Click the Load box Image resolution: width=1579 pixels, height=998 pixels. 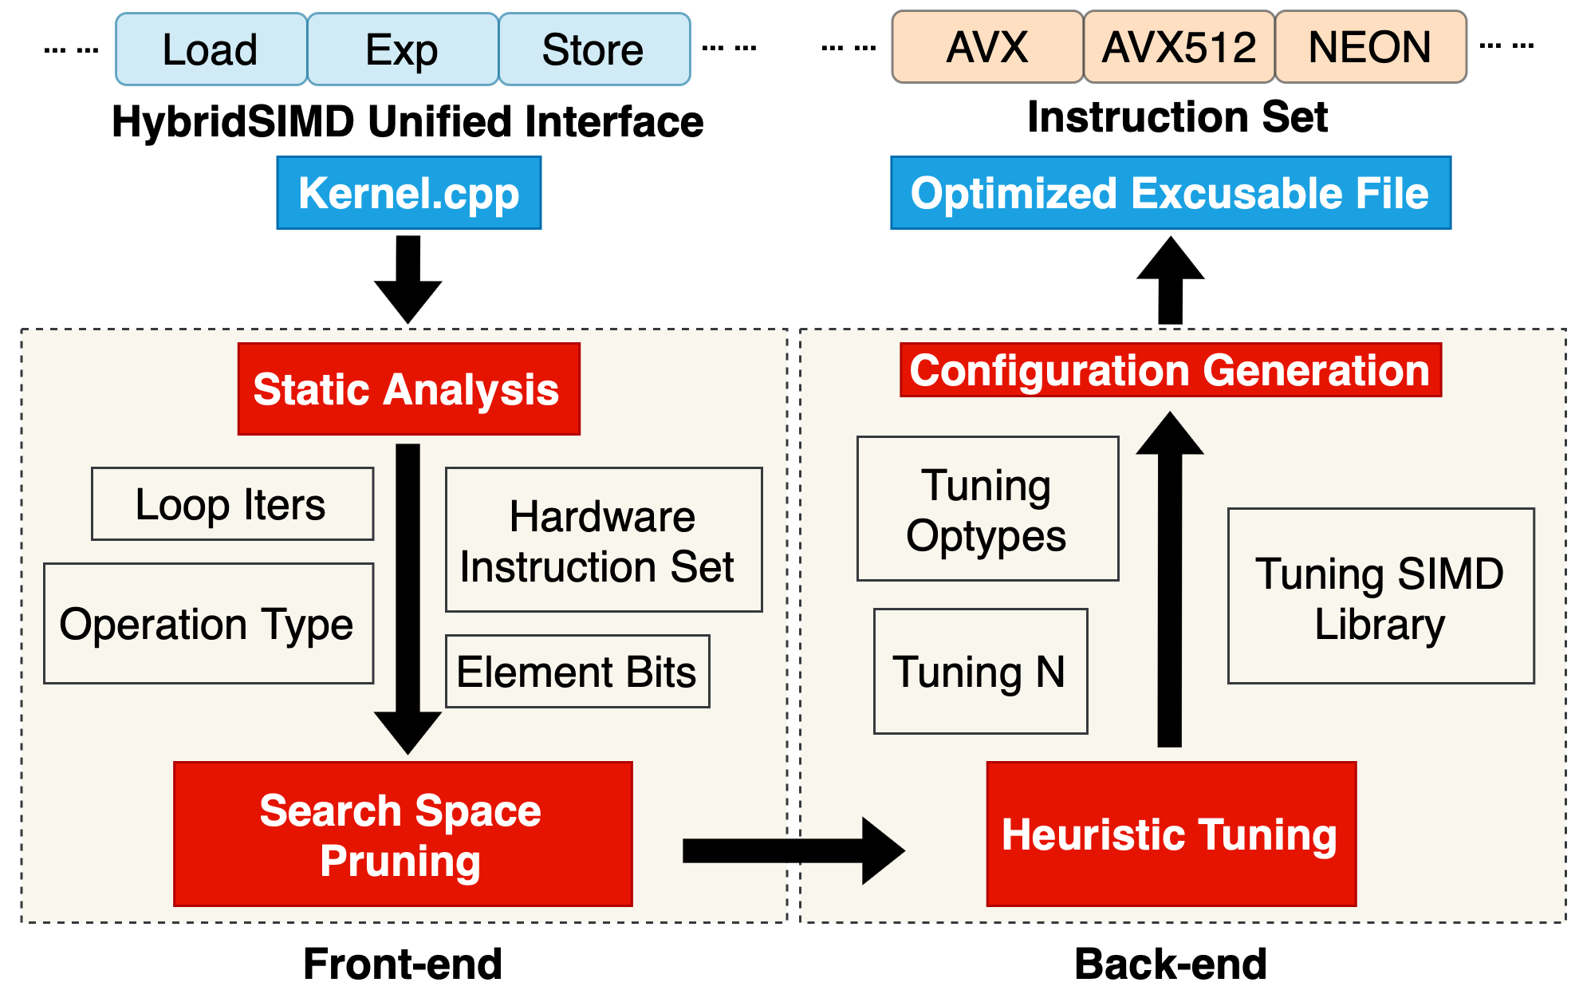point(211,49)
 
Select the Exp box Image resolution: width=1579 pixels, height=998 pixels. point(402,49)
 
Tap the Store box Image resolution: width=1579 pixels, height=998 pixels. point(593,49)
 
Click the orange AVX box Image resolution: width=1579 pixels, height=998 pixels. point(987,47)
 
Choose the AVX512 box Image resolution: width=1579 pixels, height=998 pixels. point(1179,47)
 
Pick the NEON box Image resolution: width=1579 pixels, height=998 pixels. point(1370,47)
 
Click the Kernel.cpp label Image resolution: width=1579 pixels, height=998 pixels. point(408,193)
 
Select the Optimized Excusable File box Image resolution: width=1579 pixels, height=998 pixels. point(1170,193)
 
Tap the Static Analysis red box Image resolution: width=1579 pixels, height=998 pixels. point(408,389)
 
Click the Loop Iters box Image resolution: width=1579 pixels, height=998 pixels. point(231,504)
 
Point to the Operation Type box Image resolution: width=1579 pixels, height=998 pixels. point(208,624)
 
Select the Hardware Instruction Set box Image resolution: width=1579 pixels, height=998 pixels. point(603,540)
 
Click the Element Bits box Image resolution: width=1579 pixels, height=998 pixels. point(577,672)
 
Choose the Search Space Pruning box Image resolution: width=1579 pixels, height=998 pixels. point(402,834)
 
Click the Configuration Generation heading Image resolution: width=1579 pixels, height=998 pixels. point(1170,370)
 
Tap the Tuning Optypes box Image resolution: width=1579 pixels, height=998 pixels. point(987,509)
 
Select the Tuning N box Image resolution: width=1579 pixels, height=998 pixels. point(980,672)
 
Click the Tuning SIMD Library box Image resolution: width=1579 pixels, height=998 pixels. point(1380,597)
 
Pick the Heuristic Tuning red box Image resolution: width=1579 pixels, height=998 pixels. point(1171,834)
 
